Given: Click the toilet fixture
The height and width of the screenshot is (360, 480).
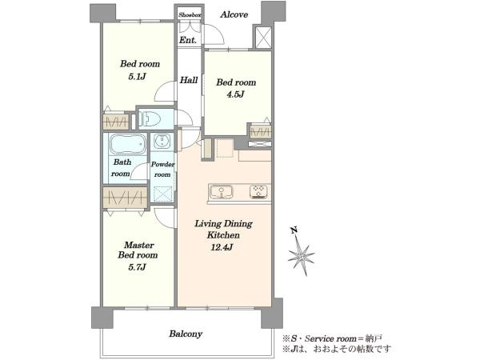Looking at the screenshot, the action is click(x=149, y=118).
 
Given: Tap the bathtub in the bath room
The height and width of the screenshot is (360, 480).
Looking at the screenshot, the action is click(x=128, y=144).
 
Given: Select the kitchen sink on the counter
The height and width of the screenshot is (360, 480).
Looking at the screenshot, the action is click(x=221, y=192).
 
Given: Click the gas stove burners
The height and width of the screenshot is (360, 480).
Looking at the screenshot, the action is click(x=258, y=192).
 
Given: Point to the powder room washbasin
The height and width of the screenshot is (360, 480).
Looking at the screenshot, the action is click(x=162, y=141).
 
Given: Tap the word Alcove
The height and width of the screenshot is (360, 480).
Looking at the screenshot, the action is click(x=234, y=14).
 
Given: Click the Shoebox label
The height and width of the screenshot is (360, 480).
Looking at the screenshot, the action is click(x=190, y=14).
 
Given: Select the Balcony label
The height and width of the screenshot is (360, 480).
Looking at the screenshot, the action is click(x=186, y=334).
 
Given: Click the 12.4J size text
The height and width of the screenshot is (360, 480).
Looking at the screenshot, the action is click(x=222, y=246).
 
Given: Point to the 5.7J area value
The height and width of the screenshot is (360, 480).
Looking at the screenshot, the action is click(x=138, y=267).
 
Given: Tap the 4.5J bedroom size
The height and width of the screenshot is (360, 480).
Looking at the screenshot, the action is click(x=235, y=94).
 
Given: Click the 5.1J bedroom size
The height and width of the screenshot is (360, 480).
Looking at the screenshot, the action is click(x=137, y=76).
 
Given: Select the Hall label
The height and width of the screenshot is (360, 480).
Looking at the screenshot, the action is click(x=189, y=80).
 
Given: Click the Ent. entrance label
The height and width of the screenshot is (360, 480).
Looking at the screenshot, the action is click(x=187, y=40).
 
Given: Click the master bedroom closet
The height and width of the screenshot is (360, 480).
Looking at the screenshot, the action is click(x=125, y=198).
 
